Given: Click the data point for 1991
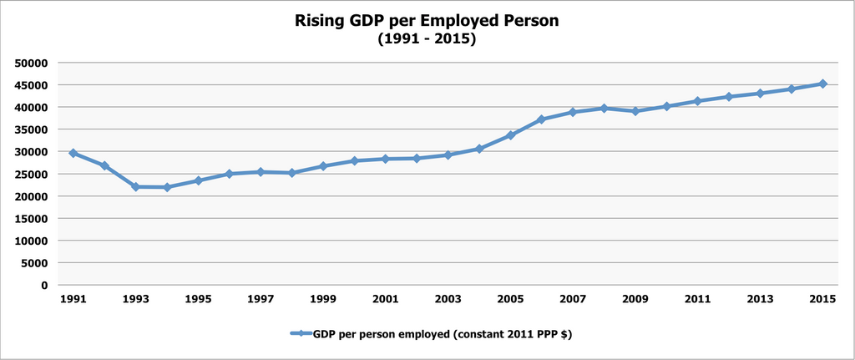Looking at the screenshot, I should pyautogui.click(x=73, y=154).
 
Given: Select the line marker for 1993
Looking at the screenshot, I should pyautogui.click(x=136, y=187).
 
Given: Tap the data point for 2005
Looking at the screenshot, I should pyautogui.click(x=510, y=135).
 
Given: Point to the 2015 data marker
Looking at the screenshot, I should pyautogui.click(x=822, y=84).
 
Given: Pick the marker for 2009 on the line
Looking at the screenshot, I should pyautogui.click(x=635, y=111).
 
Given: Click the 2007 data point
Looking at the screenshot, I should pyautogui.click(x=573, y=112).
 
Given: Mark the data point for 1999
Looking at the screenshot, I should pyautogui.click(x=323, y=166).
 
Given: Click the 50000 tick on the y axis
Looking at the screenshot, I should pyautogui.click(x=31, y=63).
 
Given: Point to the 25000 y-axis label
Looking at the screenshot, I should pyautogui.click(x=31, y=175).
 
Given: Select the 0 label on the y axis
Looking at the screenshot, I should pyautogui.click(x=45, y=286).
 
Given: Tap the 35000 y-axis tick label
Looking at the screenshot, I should pyautogui.click(x=31, y=130).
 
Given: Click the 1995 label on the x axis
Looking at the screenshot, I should pyautogui.click(x=198, y=299).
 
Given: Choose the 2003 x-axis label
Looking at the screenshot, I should pyautogui.click(x=448, y=299).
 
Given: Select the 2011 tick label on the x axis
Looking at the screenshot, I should pyautogui.click(x=697, y=299).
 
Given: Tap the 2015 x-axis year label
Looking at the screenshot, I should pyautogui.click(x=822, y=299).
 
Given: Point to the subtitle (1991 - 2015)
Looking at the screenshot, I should pyautogui.click(x=427, y=38).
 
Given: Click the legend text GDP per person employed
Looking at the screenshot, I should pyautogui.click(x=443, y=334).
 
